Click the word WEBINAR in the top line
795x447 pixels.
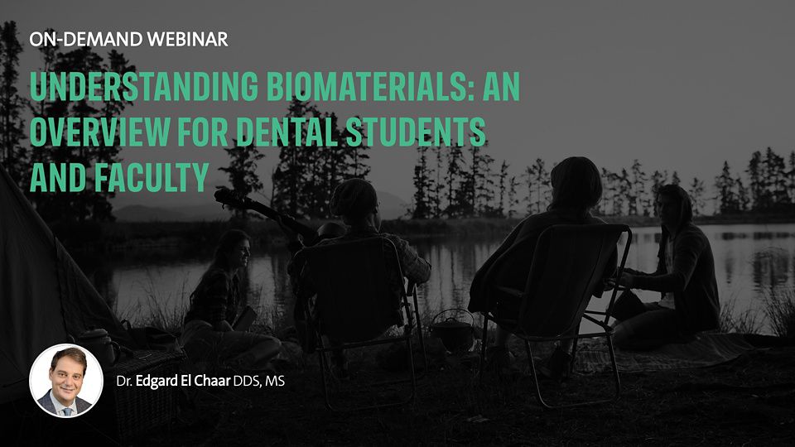(187, 39)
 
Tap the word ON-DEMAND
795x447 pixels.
(85, 39)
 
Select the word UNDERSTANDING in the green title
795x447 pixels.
(143, 87)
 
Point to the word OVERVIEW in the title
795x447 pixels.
(99, 132)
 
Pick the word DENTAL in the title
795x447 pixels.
(287, 132)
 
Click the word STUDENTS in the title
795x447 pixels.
(416, 132)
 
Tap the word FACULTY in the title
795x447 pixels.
(151, 177)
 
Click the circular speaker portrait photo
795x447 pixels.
(66, 380)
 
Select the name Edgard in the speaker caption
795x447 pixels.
(157, 381)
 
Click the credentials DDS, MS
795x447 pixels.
(258, 381)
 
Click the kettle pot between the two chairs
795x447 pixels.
(452, 331)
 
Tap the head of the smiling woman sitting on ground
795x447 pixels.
(234, 249)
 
